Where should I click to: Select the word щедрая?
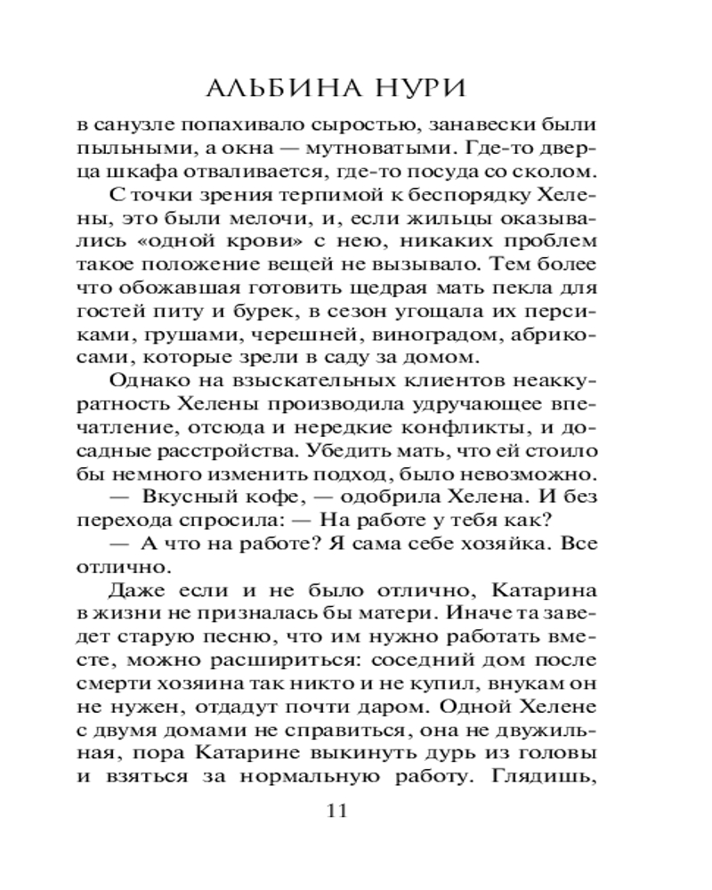[x=380, y=287]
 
